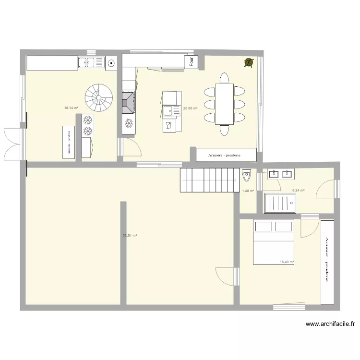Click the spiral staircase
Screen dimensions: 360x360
pos(99,98)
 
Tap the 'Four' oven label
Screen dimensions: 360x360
pos(192,61)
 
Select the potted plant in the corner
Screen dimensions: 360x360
pos(249,62)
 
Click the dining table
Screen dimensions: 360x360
pos(224,104)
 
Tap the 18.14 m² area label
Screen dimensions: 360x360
pos(71,108)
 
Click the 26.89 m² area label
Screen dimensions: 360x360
pos(191,108)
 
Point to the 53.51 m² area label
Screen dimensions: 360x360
pos(130,236)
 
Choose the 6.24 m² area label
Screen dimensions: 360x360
pos(299,191)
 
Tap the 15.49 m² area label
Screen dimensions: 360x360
pos(287,262)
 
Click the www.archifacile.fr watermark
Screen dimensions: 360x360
pos(330,324)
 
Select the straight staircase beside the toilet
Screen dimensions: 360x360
pos(209,180)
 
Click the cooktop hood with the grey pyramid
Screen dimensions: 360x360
pos(128,102)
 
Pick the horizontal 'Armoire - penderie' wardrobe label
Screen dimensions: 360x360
pos(225,156)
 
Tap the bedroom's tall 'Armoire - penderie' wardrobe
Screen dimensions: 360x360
pos(327,262)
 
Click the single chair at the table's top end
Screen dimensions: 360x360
pos(224,78)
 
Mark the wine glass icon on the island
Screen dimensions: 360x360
pos(168,126)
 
